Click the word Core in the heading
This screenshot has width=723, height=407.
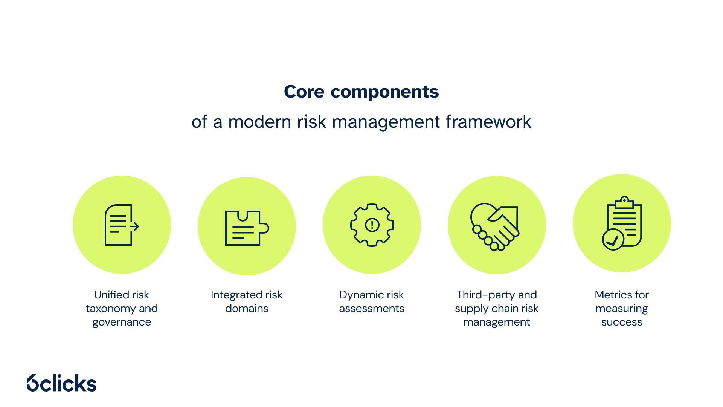[304, 92]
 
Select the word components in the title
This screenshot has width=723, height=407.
[384, 92]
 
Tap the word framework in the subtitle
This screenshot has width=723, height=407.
[488, 122]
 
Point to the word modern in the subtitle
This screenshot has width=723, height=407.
[259, 122]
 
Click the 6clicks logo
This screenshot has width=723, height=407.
[62, 383]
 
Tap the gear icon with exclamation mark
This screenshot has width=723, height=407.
[372, 225]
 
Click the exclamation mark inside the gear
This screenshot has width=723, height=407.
[372, 225]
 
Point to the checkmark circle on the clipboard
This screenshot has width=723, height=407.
[613, 240]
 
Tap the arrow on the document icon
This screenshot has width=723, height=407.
[134, 226]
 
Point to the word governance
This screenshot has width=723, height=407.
[122, 322]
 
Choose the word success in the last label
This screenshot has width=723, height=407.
[622, 322]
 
